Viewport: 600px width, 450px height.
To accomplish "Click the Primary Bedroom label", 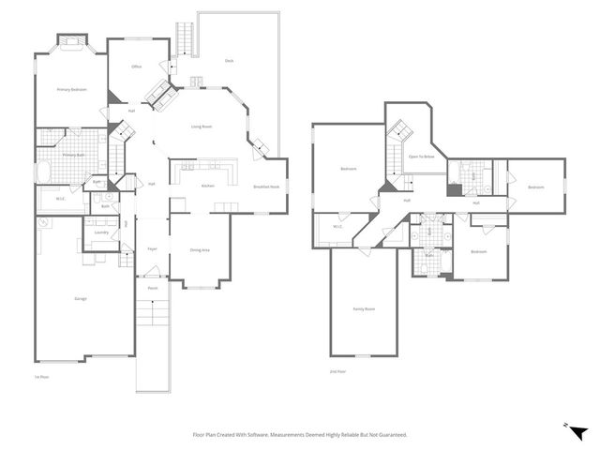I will pos(71,89).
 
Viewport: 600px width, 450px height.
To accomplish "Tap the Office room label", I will pos(136,67).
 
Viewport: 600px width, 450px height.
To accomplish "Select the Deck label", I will pos(229,61).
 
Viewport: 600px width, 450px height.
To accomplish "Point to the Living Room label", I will pos(202,126).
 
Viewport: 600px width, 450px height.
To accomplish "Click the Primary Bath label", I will pos(74,155).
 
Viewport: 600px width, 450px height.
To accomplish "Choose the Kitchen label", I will pos(208,186).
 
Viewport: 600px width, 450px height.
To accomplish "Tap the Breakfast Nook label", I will pos(267,187).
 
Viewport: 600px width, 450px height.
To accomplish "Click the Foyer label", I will pos(152,248).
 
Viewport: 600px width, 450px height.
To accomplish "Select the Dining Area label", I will pos(200,249).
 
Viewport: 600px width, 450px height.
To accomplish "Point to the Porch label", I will pos(152,288).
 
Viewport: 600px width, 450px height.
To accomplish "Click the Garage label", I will pos(81,298).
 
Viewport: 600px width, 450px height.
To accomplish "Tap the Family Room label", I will pos(363,308).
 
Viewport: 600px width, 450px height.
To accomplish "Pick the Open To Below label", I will pos(420,157).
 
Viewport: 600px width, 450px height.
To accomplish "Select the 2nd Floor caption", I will pos(337,371).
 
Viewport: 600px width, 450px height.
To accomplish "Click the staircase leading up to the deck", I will pos(184,37).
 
